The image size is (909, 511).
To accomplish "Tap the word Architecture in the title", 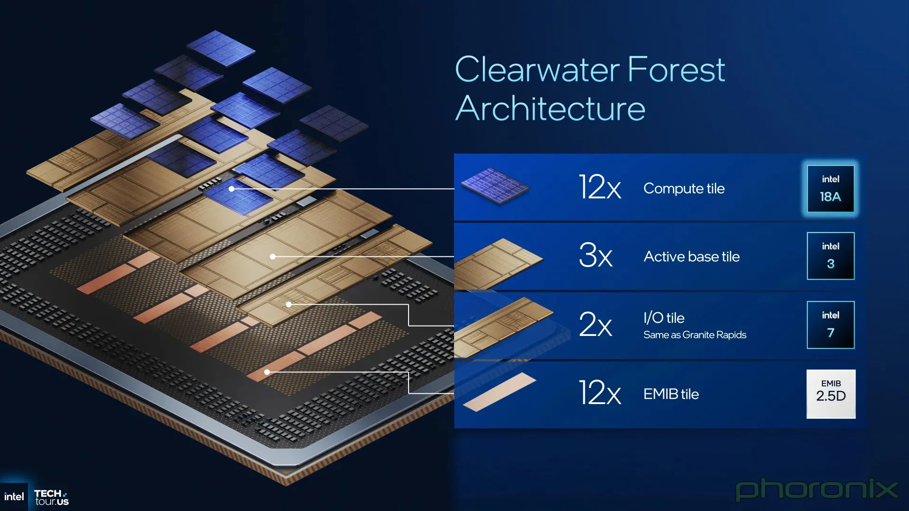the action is [550, 108].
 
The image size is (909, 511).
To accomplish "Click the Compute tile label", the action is [684, 188].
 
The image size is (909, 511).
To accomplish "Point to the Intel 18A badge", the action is [830, 189].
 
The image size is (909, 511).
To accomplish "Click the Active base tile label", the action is [692, 256].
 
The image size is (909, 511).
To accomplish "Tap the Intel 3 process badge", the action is [830, 256].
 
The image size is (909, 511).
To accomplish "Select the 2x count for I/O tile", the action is [596, 324].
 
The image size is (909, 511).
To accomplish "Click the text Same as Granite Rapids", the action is [695, 335].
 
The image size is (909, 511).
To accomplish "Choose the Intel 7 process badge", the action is [830, 325].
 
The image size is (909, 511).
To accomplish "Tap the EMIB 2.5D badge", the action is [831, 394].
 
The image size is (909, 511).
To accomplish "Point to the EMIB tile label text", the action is [671, 394].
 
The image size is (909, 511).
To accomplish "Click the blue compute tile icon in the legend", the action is [495, 186].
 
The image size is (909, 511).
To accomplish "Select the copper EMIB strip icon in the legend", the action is [499, 392].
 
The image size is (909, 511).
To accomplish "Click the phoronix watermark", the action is [816, 490].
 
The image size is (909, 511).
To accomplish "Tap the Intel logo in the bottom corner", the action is [14, 497].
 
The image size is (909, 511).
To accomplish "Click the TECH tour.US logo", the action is [51, 497].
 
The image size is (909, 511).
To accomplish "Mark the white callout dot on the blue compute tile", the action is [232, 189].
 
